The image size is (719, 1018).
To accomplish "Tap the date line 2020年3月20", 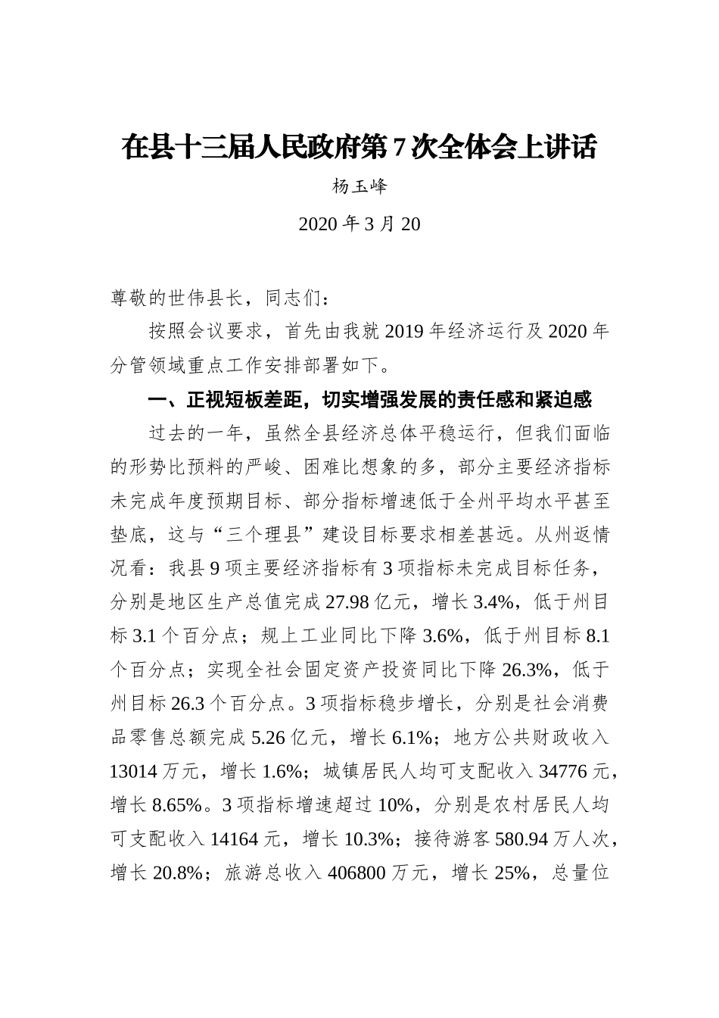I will pyautogui.click(x=359, y=224).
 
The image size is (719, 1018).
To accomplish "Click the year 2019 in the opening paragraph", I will pyautogui.click(x=406, y=332).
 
